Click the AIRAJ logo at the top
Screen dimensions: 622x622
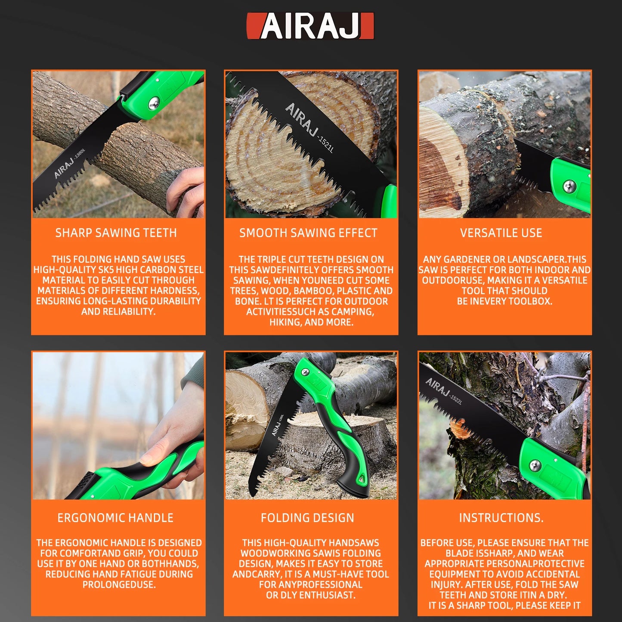[x=310, y=26]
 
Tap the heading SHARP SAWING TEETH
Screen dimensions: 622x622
[x=116, y=233]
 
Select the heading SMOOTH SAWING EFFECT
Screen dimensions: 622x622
[x=308, y=233]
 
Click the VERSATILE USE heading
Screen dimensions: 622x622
[x=501, y=233]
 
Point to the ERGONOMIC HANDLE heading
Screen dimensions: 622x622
[x=115, y=518]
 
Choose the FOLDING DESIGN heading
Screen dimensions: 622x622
[x=307, y=518]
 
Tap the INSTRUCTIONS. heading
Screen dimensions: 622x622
[x=501, y=518]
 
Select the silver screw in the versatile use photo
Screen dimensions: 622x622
[x=569, y=186]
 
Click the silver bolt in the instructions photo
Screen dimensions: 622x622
[x=535, y=465]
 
